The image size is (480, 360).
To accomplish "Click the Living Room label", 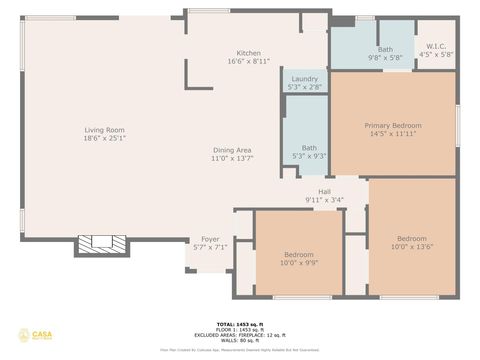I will coord(103,129).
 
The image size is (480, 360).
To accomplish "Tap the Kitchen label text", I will coord(248,53).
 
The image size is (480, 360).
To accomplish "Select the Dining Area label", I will coord(231,150).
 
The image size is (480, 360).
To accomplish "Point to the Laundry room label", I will coord(304,79).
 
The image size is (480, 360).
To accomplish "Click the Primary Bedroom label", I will coord(392,125).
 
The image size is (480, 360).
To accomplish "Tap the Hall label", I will coord(324,191).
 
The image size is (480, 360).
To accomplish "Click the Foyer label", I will coord(210,239).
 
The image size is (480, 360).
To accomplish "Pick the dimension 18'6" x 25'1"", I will coord(103,138).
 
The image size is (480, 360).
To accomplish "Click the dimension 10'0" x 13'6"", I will coord(412,247).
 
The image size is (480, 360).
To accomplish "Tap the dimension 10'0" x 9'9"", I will coord(298,263).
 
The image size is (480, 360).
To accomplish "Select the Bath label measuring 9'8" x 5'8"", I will coord(385,50).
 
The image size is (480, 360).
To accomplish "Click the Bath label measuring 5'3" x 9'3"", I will coord(309,147).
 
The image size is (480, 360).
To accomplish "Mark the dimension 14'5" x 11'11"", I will coord(392,134).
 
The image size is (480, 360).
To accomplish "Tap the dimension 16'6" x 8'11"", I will coord(248,61).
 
